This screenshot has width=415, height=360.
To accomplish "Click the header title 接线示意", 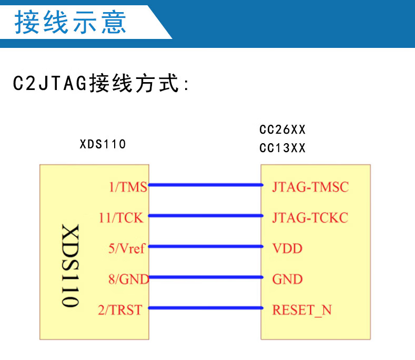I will pos(70,22).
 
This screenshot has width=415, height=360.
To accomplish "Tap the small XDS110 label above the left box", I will pos(103,144).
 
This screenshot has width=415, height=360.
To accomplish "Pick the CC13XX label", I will pos(282,148).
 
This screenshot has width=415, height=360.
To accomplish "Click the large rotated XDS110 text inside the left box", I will pos(70,266).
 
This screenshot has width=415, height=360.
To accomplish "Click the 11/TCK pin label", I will pos(121,217).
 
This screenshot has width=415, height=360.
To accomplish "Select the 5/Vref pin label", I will pos(127,248).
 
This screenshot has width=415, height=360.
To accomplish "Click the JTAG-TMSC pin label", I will pos(310,187).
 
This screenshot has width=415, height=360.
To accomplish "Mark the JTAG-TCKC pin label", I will pos(310,217).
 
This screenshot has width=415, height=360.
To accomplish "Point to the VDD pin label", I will pos(287,248).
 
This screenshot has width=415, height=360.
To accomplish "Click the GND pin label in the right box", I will pos(287,279).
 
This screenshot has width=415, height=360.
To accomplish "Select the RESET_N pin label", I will pos(302,310).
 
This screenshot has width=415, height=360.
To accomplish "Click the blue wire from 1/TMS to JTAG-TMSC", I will pos(205,185).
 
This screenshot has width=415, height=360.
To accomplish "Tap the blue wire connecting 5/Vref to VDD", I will pos(205,246).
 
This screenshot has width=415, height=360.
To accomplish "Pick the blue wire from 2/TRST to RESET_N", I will pos(205,308).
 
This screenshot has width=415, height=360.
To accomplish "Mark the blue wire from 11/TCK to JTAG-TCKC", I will pos(205,215).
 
